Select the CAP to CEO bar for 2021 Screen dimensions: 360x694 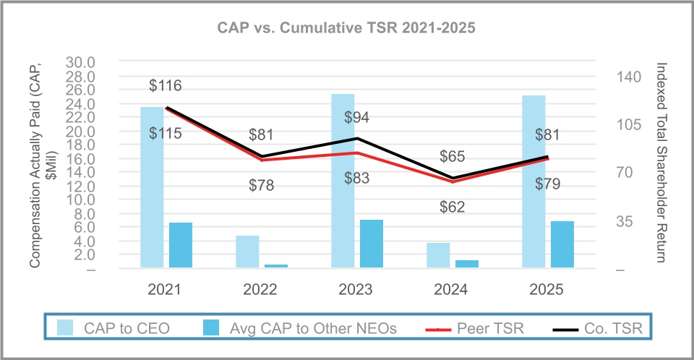pyautogui.click(x=152, y=188)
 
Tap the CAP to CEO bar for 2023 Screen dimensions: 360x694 pyautogui.click(x=343, y=181)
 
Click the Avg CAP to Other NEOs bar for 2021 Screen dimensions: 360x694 pyautogui.click(x=181, y=246)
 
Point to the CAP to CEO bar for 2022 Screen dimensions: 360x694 pyautogui.click(x=247, y=252)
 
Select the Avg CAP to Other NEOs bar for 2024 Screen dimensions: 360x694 pyautogui.click(x=467, y=265)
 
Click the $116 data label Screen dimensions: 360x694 pyautogui.click(x=165, y=85)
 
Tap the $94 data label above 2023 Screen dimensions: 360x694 pyautogui.click(x=357, y=117)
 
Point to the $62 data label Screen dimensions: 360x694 pyautogui.click(x=453, y=207)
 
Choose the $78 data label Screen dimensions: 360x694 pyautogui.click(x=261, y=185)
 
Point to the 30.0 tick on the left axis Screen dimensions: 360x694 pyautogui.click(x=81, y=62)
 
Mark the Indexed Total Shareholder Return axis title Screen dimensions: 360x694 pyautogui.click(x=661, y=163)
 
